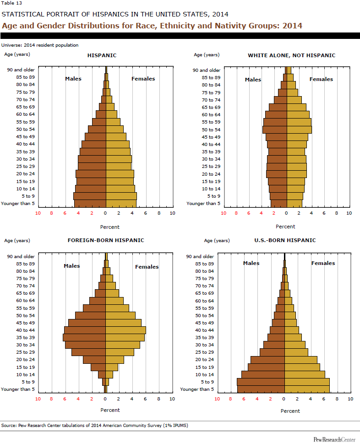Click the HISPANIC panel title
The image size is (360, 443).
[102, 55]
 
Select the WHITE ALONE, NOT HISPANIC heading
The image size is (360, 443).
[291, 55]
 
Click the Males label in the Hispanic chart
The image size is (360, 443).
[73, 79]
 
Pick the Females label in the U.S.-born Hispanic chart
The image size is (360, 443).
[323, 263]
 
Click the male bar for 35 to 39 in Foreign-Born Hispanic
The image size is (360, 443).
[84, 337]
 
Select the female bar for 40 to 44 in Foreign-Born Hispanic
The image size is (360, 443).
[125, 330]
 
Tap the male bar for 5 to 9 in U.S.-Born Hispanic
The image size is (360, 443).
[261, 382]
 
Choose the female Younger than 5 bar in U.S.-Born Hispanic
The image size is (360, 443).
[307, 389]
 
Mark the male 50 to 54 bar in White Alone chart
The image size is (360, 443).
[274, 130]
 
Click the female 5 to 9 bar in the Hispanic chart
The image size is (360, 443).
[121, 196]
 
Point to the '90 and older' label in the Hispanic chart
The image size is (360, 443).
[21, 70]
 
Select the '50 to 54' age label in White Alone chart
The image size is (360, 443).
[211, 130]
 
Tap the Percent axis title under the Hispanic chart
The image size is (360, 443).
[109, 227]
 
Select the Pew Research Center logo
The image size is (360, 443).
[334, 439]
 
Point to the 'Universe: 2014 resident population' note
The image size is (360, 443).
[40, 45]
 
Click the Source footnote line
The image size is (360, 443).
[94, 426]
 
